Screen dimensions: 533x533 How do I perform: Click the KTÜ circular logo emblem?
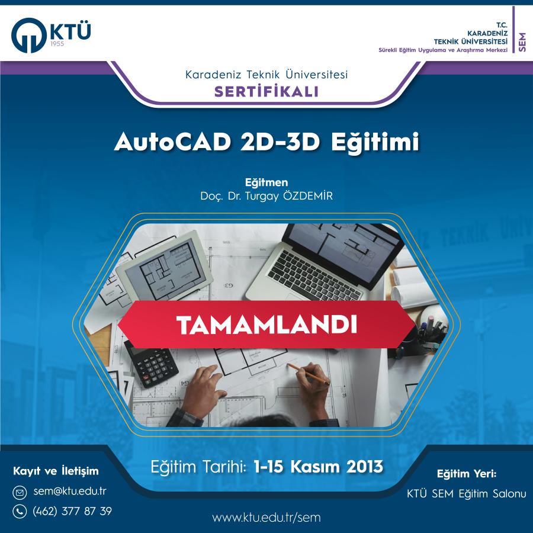(29, 36)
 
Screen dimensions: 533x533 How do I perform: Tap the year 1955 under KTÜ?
(57, 44)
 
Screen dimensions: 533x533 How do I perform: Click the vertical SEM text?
(522, 42)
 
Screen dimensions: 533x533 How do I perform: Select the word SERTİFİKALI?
(266, 92)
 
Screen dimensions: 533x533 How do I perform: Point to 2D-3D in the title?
(280, 142)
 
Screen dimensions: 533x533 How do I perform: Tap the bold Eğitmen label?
(266, 183)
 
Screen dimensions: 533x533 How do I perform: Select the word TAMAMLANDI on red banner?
(267, 325)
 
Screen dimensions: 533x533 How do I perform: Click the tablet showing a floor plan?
(165, 265)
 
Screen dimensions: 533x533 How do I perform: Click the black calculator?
(151, 364)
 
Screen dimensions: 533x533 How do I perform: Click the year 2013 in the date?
(364, 467)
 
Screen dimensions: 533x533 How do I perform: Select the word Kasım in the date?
(315, 467)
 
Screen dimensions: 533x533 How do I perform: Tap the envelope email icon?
(20, 492)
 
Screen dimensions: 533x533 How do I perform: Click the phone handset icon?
(20, 511)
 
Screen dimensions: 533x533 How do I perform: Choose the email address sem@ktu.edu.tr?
(70, 492)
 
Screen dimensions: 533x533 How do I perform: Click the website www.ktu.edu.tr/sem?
(266, 518)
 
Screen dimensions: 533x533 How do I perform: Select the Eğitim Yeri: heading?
(467, 474)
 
